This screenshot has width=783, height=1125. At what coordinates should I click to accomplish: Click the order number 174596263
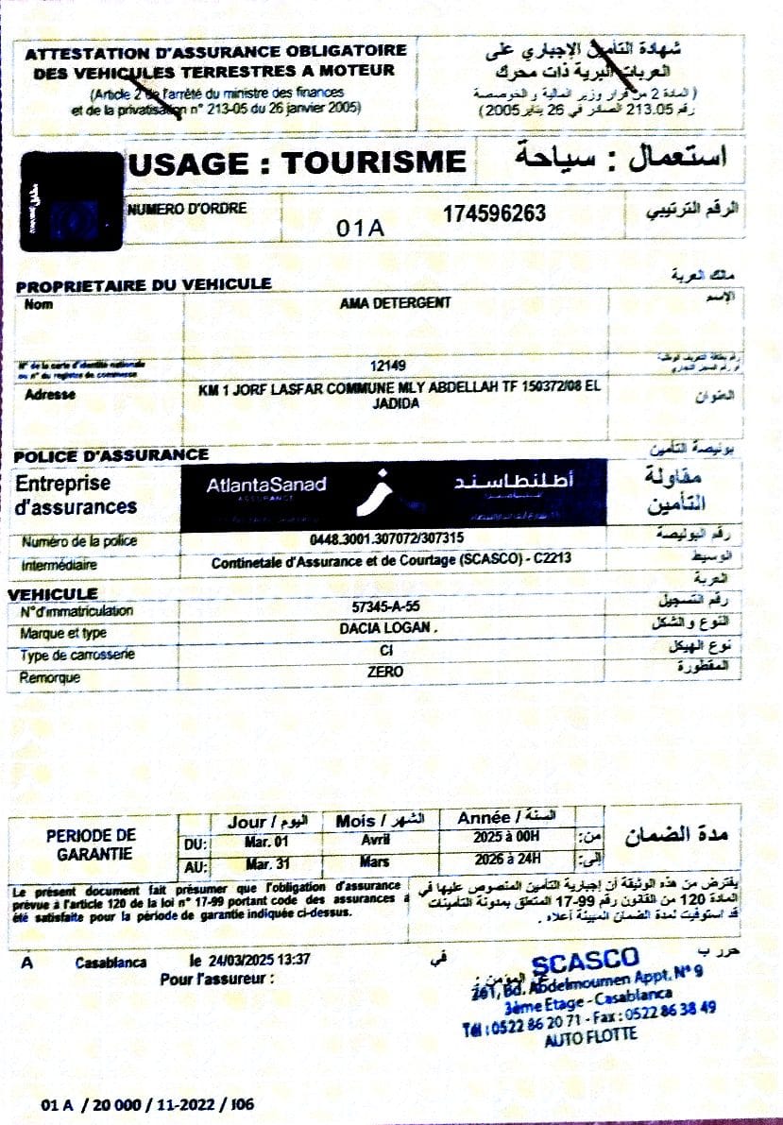(x=494, y=214)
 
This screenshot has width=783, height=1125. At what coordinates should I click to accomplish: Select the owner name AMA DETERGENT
(x=395, y=303)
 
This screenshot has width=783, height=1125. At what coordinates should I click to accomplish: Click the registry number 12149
(x=387, y=366)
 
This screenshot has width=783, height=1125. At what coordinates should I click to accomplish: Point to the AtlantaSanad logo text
(x=265, y=486)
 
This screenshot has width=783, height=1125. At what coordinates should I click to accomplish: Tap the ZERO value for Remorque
(x=385, y=672)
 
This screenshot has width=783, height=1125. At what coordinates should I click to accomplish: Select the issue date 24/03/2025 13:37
(x=262, y=961)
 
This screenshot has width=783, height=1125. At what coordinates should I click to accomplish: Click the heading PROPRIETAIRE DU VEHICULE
(x=144, y=283)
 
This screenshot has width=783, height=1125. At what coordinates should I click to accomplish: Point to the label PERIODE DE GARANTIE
(x=91, y=844)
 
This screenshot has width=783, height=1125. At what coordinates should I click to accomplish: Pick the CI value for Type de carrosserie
(x=385, y=651)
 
